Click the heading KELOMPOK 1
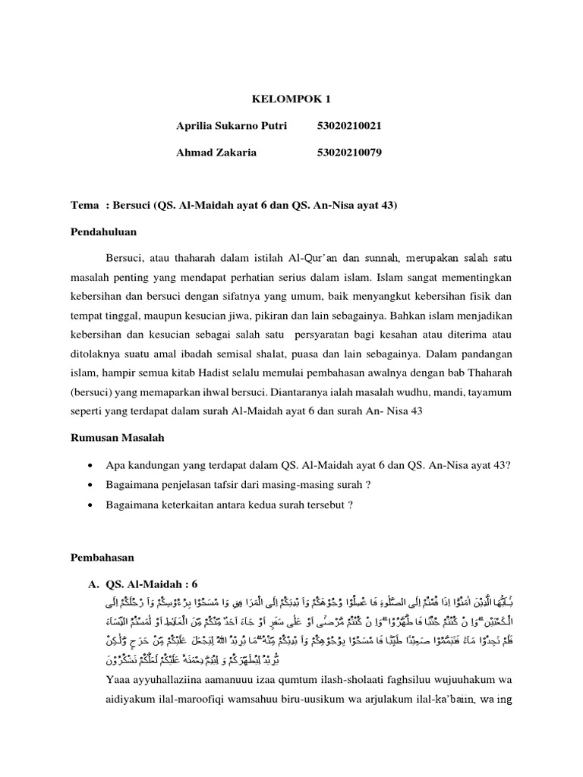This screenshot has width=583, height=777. (x=291, y=99)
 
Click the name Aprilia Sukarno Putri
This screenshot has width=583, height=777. (x=232, y=126)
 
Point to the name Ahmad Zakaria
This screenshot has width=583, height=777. (x=216, y=153)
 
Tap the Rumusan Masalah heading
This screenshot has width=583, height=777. (x=117, y=438)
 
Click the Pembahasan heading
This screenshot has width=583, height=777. (x=102, y=557)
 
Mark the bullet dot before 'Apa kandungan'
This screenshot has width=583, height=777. (x=91, y=465)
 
